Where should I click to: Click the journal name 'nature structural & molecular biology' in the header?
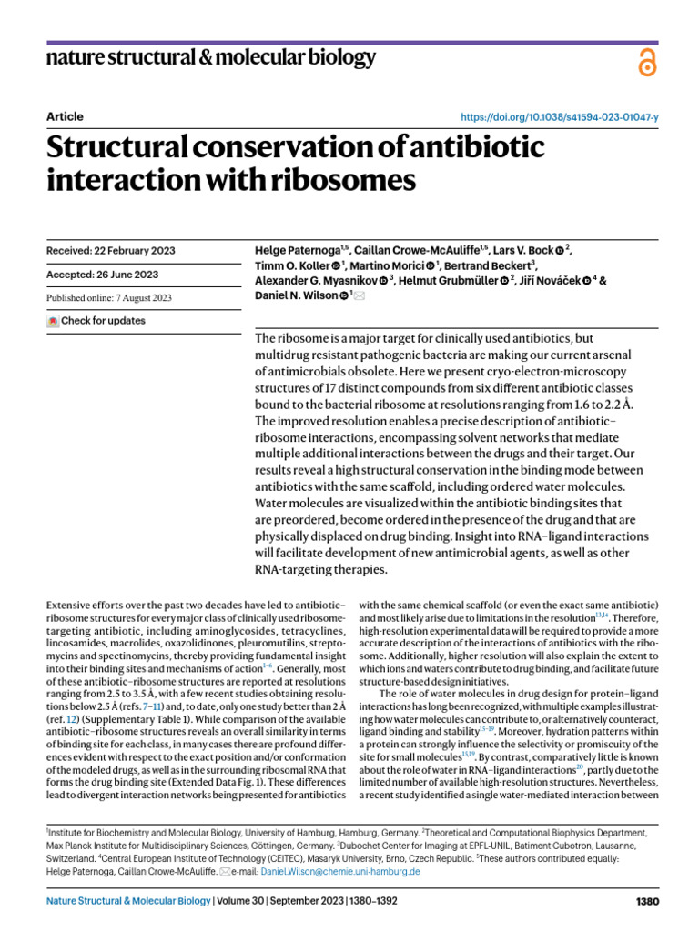pyautogui.click(x=210, y=59)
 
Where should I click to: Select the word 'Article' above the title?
pyautogui.click(x=64, y=116)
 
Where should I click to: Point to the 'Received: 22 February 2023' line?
pyautogui.click(x=110, y=251)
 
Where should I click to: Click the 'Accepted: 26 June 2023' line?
pyautogui.click(x=101, y=275)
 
